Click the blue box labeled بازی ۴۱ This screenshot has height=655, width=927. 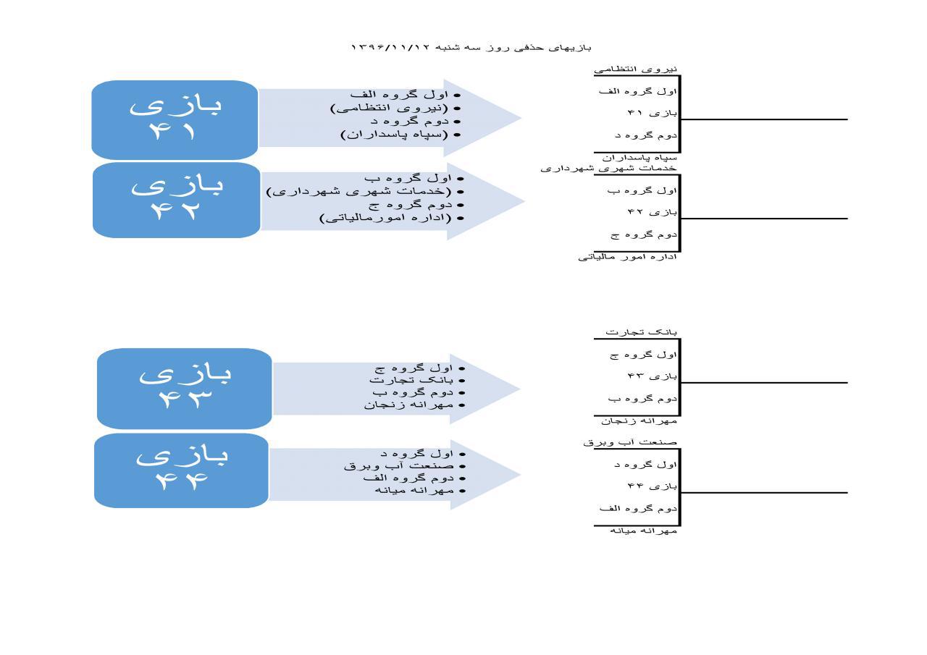pos(175,120)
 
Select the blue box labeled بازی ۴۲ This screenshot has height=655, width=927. pos(177,200)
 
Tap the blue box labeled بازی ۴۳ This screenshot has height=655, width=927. pos(185,389)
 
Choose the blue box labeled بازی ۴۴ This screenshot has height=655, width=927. pos(181,470)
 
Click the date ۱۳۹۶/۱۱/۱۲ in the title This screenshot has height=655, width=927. pos(390,48)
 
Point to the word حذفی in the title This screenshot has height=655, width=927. pos(529,48)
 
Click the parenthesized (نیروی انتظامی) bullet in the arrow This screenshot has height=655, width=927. pos(389,109)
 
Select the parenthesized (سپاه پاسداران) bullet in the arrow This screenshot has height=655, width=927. pos(394,135)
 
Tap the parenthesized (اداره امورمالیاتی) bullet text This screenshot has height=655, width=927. pos(385,218)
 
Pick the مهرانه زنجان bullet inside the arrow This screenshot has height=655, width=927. pos(408,405)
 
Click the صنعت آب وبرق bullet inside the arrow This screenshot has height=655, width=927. pos(398,466)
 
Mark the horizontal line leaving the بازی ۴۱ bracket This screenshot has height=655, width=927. pos(764,119)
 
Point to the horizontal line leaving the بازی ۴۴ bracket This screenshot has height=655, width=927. pos(764,492)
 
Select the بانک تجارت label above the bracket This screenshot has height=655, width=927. pos(641,332)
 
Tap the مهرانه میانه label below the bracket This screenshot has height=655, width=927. pos(643,531)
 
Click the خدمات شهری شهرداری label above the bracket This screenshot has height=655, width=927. pos(608,169)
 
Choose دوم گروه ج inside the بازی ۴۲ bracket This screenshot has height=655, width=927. pos(644,235)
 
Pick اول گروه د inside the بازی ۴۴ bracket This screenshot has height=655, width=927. pos(645,465)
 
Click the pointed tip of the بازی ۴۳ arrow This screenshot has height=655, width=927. pos(520,389)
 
